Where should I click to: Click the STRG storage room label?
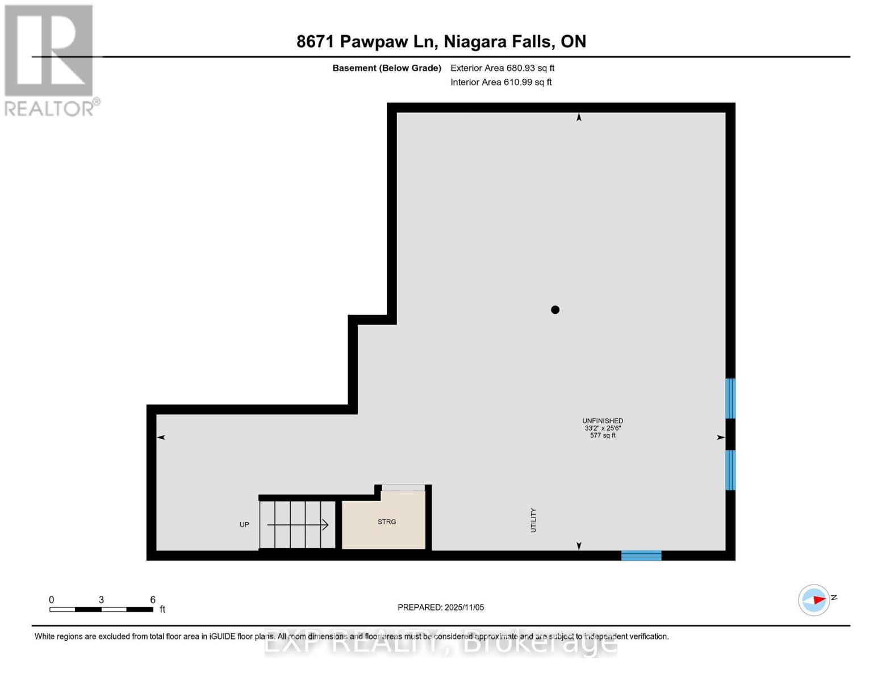(x=387, y=522)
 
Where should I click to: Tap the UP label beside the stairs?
(x=244, y=524)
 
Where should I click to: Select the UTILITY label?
(x=533, y=520)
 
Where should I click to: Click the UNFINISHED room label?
(x=603, y=421)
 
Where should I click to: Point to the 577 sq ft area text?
(x=603, y=435)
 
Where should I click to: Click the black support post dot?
(x=555, y=309)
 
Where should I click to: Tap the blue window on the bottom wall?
(x=641, y=556)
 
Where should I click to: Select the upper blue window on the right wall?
(x=730, y=398)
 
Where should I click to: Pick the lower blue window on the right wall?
(x=730, y=470)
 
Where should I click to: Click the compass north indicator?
(x=814, y=600)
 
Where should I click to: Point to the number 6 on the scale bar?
(x=153, y=599)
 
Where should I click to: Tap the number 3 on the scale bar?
(x=101, y=599)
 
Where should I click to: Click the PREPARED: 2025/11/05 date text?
(x=441, y=607)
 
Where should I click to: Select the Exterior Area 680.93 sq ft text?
(x=502, y=68)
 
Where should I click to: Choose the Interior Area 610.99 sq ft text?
(x=501, y=82)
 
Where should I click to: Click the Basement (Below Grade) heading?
(x=387, y=68)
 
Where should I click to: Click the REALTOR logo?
(x=50, y=60)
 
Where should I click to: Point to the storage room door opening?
(x=403, y=487)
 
